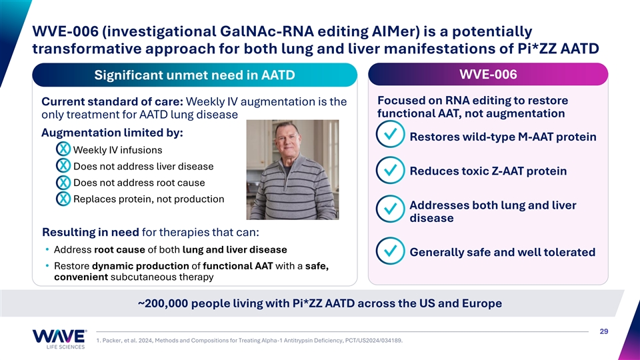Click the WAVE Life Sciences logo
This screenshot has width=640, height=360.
[x=59, y=339]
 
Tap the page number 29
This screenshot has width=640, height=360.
[x=604, y=331]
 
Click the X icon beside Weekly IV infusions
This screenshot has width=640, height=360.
[x=63, y=149]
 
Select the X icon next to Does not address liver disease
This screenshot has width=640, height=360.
[x=63, y=166]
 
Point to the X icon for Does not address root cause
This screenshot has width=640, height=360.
[x=63, y=182]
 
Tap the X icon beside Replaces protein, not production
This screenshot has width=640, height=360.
[x=63, y=199]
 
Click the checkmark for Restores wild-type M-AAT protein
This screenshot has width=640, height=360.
[x=391, y=134]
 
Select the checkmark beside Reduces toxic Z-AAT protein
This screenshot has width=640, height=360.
[x=391, y=170]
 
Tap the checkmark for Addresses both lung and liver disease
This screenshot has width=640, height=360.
[x=391, y=209]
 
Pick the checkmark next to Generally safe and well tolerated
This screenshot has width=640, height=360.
[x=391, y=251]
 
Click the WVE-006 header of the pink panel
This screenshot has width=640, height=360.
[x=488, y=74]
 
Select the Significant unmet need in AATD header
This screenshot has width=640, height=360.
[x=195, y=75]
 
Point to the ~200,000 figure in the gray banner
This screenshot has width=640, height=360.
[x=163, y=303]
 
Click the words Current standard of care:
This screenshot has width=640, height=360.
[x=112, y=101]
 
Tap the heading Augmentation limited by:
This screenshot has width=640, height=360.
[x=112, y=133]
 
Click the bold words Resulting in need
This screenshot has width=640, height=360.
[x=91, y=232]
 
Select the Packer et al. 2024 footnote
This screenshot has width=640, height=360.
[x=249, y=341]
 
